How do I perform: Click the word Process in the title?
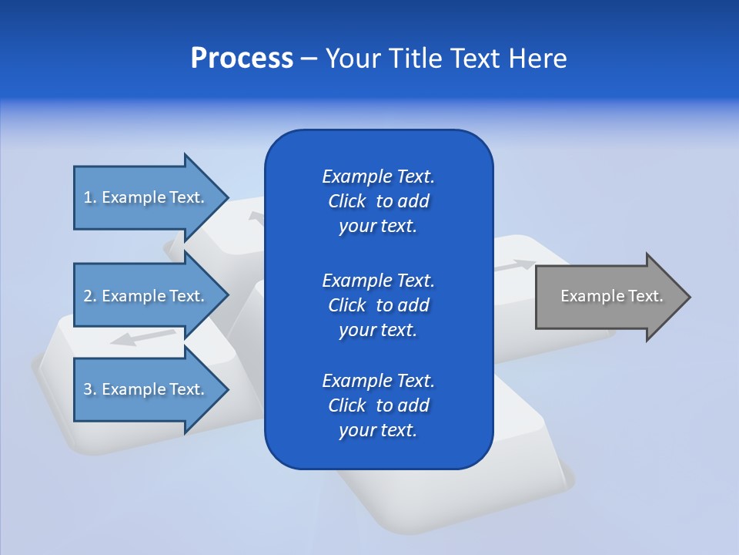(x=242, y=59)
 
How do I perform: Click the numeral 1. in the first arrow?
(x=90, y=197)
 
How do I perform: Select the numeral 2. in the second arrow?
(x=90, y=296)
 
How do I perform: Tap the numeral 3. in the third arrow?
(x=90, y=389)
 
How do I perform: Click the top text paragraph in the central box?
(x=378, y=201)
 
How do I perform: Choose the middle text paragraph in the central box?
(x=378, y=304)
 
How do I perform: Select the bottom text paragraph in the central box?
(x=378, y=405)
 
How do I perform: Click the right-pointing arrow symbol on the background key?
(x=514, y=266)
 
